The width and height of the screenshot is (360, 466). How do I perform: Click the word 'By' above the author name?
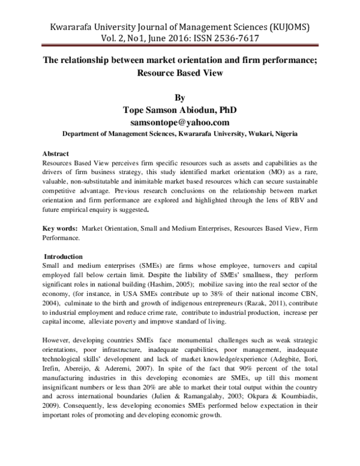click(x=180, y=97)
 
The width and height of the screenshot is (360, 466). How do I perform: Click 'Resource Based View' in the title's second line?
click(x=180, y=73)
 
